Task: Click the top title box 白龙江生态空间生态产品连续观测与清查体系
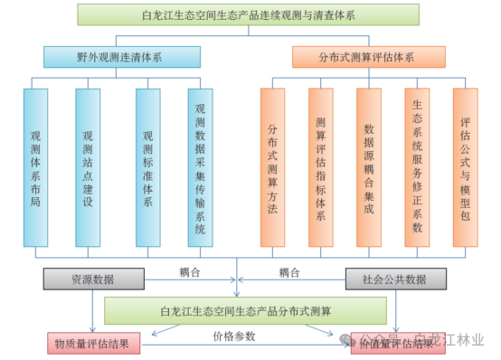click(x=248, y=14)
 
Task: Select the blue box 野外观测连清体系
click(x=109, y=57)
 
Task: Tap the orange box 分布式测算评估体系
click(x=379, y=57)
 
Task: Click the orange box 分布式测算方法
click(x=272, y=166)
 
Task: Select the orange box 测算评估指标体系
click(x=321, y=166)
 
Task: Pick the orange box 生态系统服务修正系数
click(x=417, y=166)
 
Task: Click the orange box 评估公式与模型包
click(x=465, y=166)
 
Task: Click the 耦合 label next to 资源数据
click(x=188, y=271)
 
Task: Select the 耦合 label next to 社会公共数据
click(x=289, y=271)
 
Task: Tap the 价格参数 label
click(x=234, y=336)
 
